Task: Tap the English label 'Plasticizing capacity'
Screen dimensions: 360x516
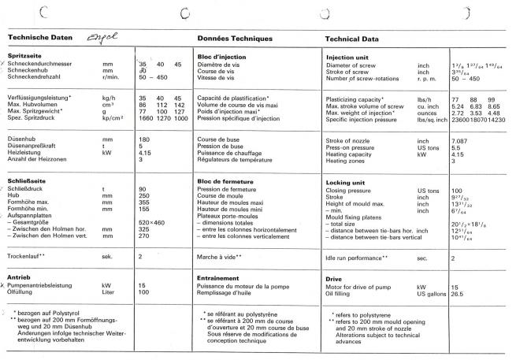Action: pos(355,98)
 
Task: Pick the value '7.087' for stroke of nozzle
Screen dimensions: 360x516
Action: pos(462,140)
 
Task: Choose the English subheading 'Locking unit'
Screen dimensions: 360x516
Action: pos(344,183)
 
